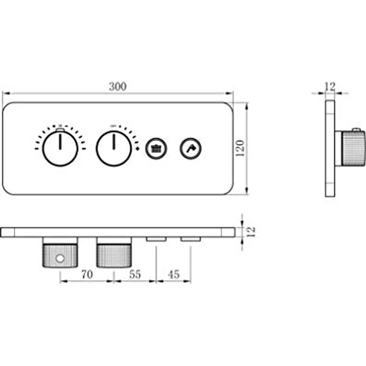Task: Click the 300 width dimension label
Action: point(118,87)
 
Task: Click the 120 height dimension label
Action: point(240,149)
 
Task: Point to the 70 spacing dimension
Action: point(87,274)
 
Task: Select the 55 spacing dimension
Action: point(135,274)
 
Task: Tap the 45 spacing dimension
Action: point(174,274)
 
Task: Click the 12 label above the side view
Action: point(330,87)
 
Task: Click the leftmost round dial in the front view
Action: point(60,148)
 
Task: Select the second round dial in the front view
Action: point(114,148)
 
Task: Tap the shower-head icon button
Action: point(156,148)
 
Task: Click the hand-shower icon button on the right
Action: point(190,148)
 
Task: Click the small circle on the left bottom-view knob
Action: point(60,259)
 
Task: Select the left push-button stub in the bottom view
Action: point(156,240)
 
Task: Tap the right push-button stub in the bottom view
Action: point(190,240)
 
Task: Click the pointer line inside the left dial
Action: point(60,142)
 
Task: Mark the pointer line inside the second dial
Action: point(114,142)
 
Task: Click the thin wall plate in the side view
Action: point(330,148)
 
